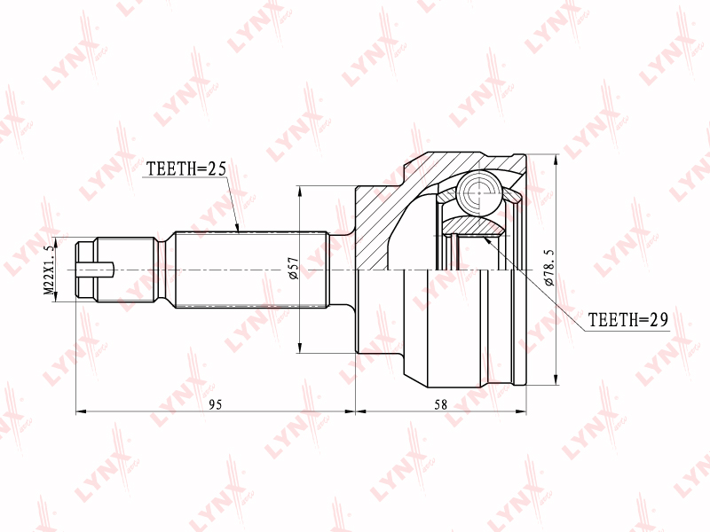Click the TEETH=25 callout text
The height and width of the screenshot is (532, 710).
point(186,168)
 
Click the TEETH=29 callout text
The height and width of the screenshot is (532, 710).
point(628,320)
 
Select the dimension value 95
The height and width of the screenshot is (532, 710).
point(216,404)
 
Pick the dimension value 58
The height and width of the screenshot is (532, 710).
point(440,404)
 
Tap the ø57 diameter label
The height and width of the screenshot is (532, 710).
point(294,268)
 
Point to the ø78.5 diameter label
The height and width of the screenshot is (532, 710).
point(548,267)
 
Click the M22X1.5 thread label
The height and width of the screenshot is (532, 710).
point(49,270)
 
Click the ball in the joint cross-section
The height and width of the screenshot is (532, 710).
point(479,192)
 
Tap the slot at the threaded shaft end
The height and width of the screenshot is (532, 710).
point(95,270)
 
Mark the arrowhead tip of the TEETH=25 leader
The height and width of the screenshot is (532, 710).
point(238,231)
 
